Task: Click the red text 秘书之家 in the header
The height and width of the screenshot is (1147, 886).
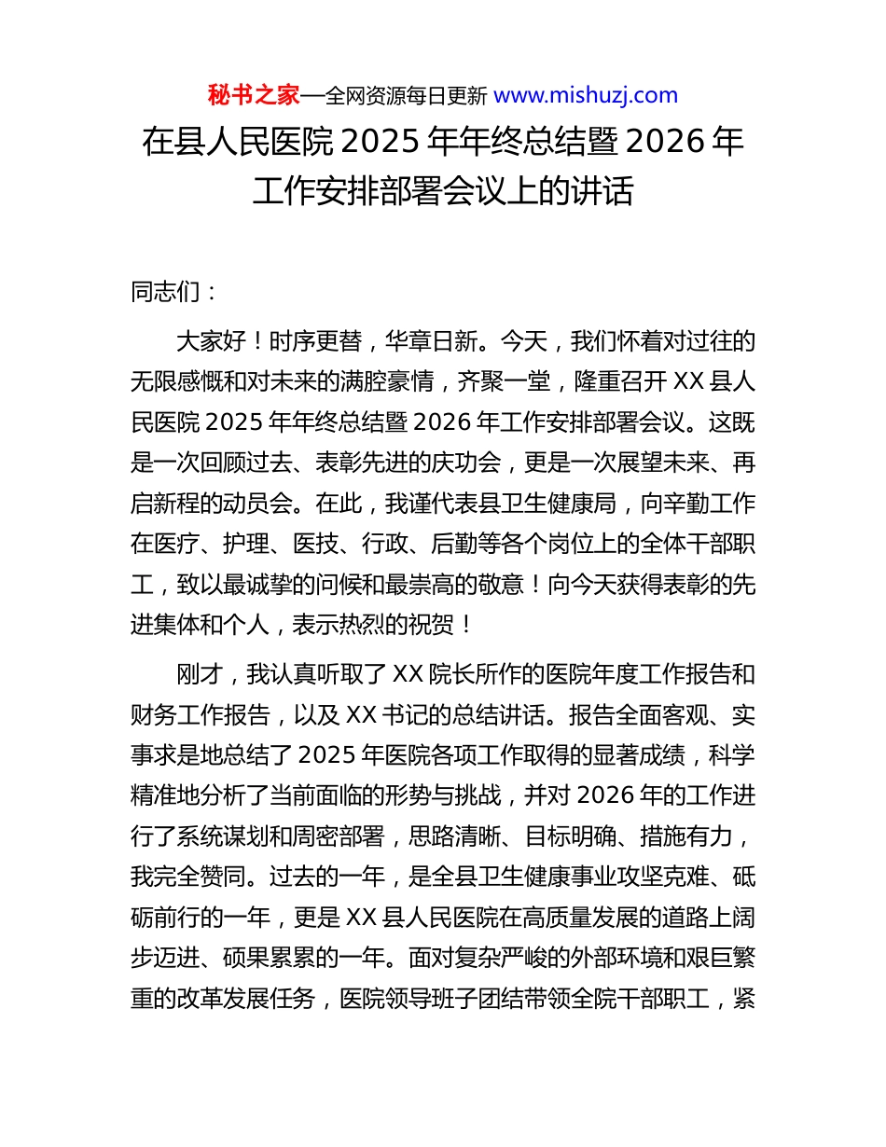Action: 253,95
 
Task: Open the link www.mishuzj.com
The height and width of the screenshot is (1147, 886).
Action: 585,95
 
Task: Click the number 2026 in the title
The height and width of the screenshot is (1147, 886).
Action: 663,143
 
